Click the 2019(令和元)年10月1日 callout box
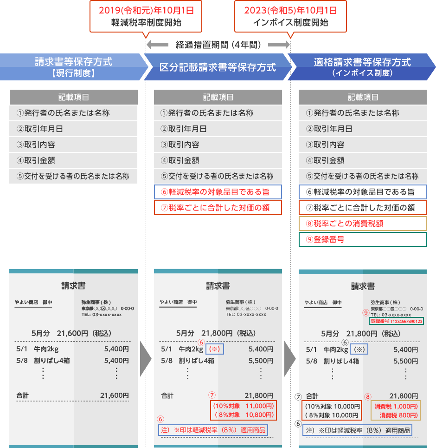pos(146,17)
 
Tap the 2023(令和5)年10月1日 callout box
pos(290,17)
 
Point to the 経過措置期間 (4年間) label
pos(218,45)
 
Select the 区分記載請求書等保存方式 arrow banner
pos(218,67)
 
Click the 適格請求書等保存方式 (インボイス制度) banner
pos(362,67)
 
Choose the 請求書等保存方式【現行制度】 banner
pos(74,67)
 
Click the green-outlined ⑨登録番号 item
pos(362,239)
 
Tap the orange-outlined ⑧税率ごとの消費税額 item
pos(362,224)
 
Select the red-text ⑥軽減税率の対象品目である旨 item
pos(218,192)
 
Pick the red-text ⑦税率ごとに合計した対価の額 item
pos(218,208)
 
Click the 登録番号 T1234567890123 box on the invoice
pos(396,321)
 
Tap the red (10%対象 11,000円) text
pos(243,406)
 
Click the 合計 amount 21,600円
pos(115,395)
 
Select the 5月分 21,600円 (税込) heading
pos(71,333)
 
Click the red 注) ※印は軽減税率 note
pos(213,430)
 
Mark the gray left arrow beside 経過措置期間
pos(157,45)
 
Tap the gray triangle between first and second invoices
pos(146,359)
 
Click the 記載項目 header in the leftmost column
pos(74,97)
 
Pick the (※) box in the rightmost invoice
pos(359,349)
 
